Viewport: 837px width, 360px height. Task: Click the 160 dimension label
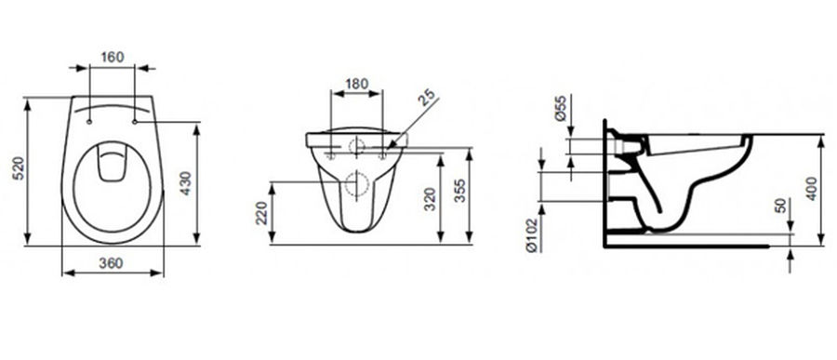[113, 57]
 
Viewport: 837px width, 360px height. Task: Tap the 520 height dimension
[19, 168]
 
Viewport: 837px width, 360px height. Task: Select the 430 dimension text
[185, 183]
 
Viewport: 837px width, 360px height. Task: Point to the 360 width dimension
[111, 262]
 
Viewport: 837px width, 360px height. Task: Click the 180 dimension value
[356, 84]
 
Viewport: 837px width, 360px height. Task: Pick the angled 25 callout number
[426, 98]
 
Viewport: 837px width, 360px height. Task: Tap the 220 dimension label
[261, 213]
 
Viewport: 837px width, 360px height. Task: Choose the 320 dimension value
[431, 200]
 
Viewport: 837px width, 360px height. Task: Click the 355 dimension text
[459, 190]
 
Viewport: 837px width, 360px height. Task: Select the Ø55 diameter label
[561, 109]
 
